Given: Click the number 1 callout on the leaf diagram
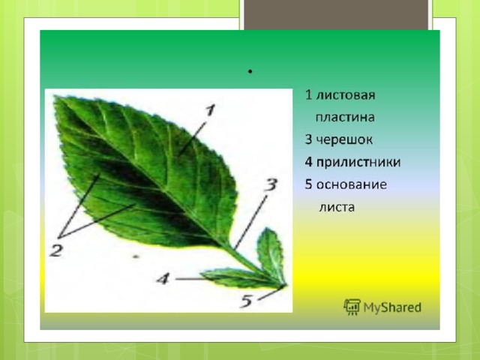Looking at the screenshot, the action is [210, 110].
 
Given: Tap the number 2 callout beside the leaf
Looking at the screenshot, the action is [56, 250].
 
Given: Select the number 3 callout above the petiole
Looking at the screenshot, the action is [271, 184].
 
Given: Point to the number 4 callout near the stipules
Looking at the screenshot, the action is [163, 279].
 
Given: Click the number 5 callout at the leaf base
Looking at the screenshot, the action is [246, 301].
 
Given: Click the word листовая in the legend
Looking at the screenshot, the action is [345, 95].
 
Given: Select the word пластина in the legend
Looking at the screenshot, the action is [345, 118].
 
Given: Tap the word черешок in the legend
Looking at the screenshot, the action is [344, 140].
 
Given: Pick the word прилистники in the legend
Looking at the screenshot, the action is [358, 162].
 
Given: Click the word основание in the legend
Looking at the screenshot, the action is [352, 184].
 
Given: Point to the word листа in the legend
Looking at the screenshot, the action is [337, 207].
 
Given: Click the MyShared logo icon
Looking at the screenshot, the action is [352, 307].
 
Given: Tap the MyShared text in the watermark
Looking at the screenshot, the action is [392, 307].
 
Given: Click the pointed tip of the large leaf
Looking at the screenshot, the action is [55, 97].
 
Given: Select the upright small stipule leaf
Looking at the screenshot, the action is [271, 255].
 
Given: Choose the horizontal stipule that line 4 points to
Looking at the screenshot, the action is [238, 278].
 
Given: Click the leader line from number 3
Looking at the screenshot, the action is [250, 223].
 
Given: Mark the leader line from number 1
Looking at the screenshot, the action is [193, 137].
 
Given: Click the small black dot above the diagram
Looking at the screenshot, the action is [250, 72].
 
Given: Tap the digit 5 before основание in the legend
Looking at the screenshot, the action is [308, 184].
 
